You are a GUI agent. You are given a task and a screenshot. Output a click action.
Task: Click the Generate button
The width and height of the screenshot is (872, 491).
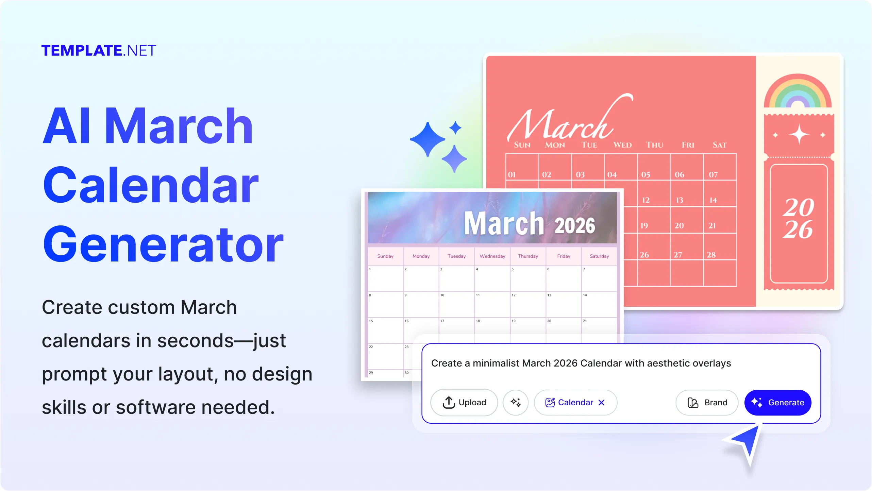tap(777, 402)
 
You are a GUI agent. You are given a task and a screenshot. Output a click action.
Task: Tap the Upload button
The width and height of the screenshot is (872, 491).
tap(464, 402)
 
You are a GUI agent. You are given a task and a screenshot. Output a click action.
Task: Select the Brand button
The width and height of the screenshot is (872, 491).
tap(707, 402)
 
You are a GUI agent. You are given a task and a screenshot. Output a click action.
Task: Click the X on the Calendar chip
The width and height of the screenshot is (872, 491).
tap(601, 402)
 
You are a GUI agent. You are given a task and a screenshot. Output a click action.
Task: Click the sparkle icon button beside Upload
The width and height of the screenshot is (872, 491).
tap(516, 402)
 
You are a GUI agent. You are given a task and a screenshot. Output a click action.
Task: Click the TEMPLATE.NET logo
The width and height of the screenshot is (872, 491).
tap(99, 50)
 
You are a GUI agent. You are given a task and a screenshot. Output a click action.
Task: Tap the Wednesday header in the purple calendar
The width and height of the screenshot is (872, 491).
tap(492, 256)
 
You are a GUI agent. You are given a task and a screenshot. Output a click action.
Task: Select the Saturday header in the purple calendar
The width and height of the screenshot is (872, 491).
tap(599, 256)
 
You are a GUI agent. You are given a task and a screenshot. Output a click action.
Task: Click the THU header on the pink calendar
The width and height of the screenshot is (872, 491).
tap(655, 145)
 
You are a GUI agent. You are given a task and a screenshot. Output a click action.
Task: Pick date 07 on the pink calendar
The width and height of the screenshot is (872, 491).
tap(713, 174)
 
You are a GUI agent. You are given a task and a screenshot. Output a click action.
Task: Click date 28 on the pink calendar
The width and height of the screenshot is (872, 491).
tap(711, 255)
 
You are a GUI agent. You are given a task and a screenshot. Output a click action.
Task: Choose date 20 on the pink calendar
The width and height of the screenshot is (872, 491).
tap(679, 225)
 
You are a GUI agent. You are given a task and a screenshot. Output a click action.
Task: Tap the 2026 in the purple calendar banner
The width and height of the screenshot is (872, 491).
tap(575, 225)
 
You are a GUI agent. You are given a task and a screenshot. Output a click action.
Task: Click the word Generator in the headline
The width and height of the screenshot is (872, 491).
tap(163, 244)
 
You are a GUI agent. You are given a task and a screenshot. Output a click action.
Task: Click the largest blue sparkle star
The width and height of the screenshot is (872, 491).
tap(427, 139)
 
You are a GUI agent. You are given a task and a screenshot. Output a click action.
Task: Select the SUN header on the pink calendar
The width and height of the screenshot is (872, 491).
tap(522, 145)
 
